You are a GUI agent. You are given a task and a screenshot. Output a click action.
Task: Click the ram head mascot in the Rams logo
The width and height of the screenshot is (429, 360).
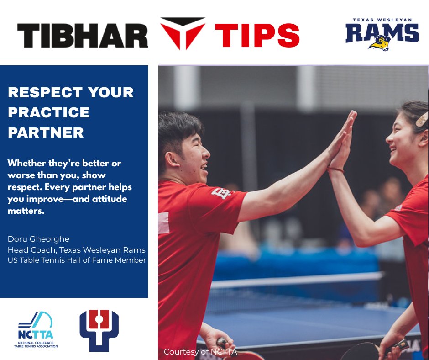click(x=380, y=43)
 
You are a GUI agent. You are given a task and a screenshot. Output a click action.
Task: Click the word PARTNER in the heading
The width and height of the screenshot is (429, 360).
click(x=46, y=132)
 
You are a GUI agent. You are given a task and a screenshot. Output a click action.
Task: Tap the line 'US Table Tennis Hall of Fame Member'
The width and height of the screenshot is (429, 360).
click(x=77, y=260)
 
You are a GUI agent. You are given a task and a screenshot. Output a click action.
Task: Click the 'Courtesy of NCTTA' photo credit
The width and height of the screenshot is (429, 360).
click(x=200, y=352)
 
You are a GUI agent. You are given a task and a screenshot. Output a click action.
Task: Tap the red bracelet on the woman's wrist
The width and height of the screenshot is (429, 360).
click(x=336, y=169)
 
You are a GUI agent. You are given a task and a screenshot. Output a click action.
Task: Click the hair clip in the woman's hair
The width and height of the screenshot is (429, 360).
click(x=422, y=119)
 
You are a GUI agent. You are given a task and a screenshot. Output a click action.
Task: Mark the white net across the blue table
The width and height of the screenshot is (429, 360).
click(x=297, y=279)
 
